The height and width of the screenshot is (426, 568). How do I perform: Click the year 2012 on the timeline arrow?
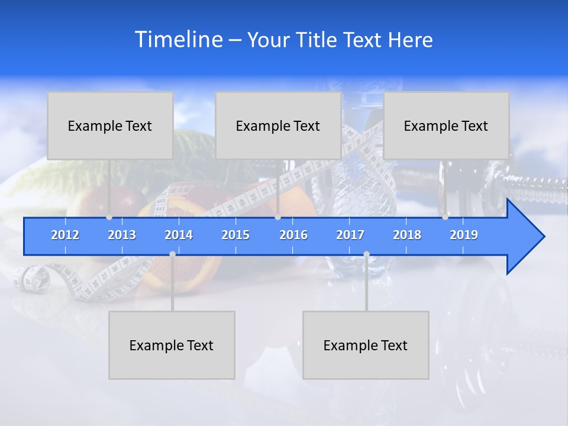click(65, 235)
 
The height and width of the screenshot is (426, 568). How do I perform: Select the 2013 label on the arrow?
click(122, 235)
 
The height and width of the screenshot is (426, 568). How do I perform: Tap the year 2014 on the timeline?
click(179, 235)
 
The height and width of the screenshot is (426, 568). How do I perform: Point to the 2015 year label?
click(235, 235)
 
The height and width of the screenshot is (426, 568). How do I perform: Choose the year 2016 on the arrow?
click(293, 235)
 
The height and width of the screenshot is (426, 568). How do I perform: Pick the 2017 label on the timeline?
click(350, 235)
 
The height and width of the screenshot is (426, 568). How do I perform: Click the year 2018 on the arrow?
click(407, 235)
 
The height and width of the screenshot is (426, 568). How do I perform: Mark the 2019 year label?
click(464, 235)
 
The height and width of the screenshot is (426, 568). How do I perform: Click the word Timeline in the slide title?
click(177, 40)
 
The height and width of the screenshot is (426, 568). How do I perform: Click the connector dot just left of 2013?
click(109, 217)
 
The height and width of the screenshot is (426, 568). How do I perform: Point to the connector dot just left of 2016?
click(277, 217)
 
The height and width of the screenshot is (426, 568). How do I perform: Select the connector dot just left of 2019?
click(445, 217)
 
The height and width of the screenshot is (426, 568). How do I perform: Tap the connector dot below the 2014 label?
click(172, 254)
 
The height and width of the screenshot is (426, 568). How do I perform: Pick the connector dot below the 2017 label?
click(366, 254)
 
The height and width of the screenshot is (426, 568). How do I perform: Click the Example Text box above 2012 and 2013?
click(110, 125)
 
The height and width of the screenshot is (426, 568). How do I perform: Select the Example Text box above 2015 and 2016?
click(278, 125)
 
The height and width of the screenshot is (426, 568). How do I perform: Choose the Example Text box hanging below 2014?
click(172, 345)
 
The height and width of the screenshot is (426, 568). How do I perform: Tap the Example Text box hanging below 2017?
click(366, 345)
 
